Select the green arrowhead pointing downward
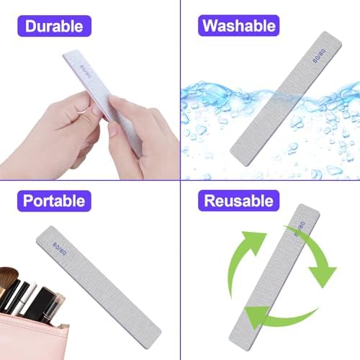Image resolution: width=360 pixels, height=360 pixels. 322,274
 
